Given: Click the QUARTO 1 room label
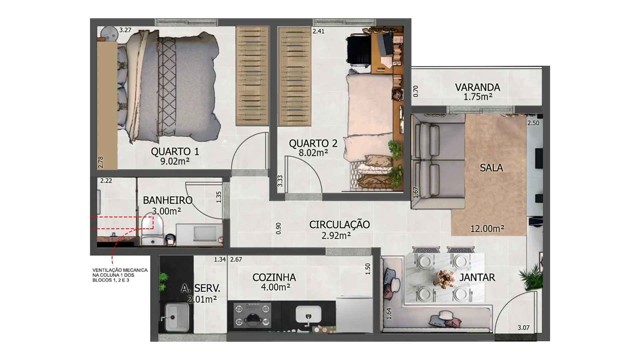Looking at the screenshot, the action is (175, 152).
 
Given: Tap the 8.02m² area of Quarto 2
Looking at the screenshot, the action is (313, 153).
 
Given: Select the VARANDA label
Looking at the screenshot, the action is (478, 87).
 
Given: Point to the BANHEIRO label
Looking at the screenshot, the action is (168, 200).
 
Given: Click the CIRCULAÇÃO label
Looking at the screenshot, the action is (339, 225).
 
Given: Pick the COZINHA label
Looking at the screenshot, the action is (274, 277).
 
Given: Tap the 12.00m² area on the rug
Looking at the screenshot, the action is (487, 229).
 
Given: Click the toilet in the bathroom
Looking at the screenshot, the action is (152, 230).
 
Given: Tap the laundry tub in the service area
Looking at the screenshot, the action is (174, 316).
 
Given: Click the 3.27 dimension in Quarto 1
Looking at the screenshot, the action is (125, 30).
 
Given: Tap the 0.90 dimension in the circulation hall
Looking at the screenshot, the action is (279, 228).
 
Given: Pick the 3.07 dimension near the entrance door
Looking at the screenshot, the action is (523, 328).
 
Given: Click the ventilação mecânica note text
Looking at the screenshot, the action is (120, 275).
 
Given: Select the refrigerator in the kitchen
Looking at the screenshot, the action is (354, 314).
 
